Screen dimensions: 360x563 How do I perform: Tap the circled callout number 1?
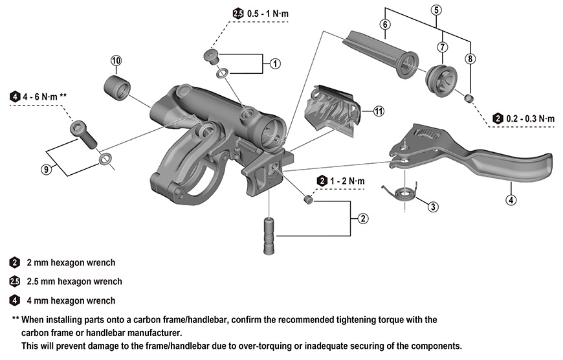(275, 63)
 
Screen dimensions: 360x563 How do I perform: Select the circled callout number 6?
(385, 24)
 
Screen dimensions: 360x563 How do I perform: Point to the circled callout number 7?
(443, 47)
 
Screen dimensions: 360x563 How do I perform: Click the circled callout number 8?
(470, 58)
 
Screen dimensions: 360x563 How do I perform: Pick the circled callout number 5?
(436, 10)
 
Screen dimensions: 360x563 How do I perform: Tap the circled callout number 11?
(379, 111)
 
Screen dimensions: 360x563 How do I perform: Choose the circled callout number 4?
(511, 199)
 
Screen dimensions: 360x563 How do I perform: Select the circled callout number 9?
(46, 169)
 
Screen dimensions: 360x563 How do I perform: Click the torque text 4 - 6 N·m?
(43, 96)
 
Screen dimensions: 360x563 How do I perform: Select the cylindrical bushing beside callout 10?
(119, 87)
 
